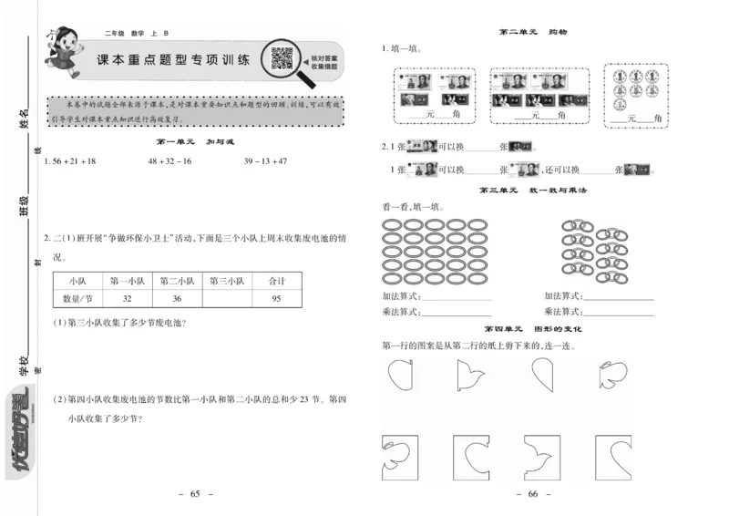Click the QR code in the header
click(x=282, y=58)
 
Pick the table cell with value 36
click(x=177, y=299)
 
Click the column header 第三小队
click(x=226, y=281)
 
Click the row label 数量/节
click(x=77, y=299)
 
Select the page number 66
click(x=533, y=493)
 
